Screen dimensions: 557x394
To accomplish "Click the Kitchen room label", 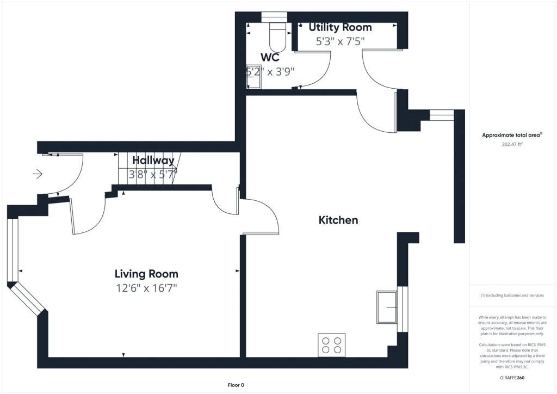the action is pyautogui.click(x=338, y=220).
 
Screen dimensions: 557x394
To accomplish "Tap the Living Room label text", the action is pyautogui.click(x=146, y=274).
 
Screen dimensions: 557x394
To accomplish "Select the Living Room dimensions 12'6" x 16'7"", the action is pyautogui.click(x=146, y=288).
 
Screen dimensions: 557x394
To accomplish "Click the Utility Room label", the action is pyautogui.click(x=340, y=27).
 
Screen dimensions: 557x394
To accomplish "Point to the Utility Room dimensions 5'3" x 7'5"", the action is pyautogui.click(x=341, y=41).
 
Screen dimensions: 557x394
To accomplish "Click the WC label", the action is pyautogui.click(x=270, y=58).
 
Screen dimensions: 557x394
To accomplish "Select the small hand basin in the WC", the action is pyautogui.click(x=253, y=76).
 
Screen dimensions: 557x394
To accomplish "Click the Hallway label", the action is pyautogui.click(x=153, y=161).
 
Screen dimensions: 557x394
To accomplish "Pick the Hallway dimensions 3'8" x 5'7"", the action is pyautogui.click(x=153, y=175).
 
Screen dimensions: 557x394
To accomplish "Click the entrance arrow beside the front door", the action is pyautogui.click(x=38, y=174).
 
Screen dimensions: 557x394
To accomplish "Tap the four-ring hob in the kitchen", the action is pyautogui.click(x=331, y=345).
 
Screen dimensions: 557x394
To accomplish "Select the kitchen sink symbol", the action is pyautogui.click(x=387, y=307).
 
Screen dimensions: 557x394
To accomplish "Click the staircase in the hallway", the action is pyautogui.click(x=149, y=168).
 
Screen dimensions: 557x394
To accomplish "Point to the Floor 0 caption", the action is pyautogui.click(x=236, y=385).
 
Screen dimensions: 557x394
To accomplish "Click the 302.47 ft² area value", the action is pyautogui.click(x=512, y=144).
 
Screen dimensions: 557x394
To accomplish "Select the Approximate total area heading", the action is pyautogui.click(x=512, y=135).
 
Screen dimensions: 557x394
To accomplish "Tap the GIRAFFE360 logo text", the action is pyautogui.click(x=512, y=378).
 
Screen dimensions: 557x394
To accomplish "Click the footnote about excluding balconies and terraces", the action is pyautogui.click(x=512, y=295).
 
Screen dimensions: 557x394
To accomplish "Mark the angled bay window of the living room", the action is pyautogui.click(x=27, y=298).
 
